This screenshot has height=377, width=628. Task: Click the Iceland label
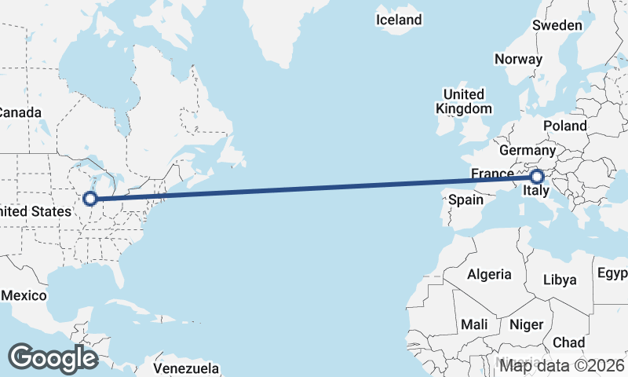399,20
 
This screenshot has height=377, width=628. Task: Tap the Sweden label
557,25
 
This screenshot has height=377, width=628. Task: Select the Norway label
518,59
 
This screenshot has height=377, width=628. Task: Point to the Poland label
564,126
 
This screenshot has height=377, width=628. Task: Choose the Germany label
528,150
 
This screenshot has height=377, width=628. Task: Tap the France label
492,173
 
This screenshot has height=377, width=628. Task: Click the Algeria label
489,275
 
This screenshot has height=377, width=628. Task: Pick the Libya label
560,280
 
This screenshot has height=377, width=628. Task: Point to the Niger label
526,324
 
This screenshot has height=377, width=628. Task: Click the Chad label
568,342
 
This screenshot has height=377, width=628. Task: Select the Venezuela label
185,368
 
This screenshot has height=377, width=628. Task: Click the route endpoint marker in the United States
90,199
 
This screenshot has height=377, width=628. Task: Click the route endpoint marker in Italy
537,177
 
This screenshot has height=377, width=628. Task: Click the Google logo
53,358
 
